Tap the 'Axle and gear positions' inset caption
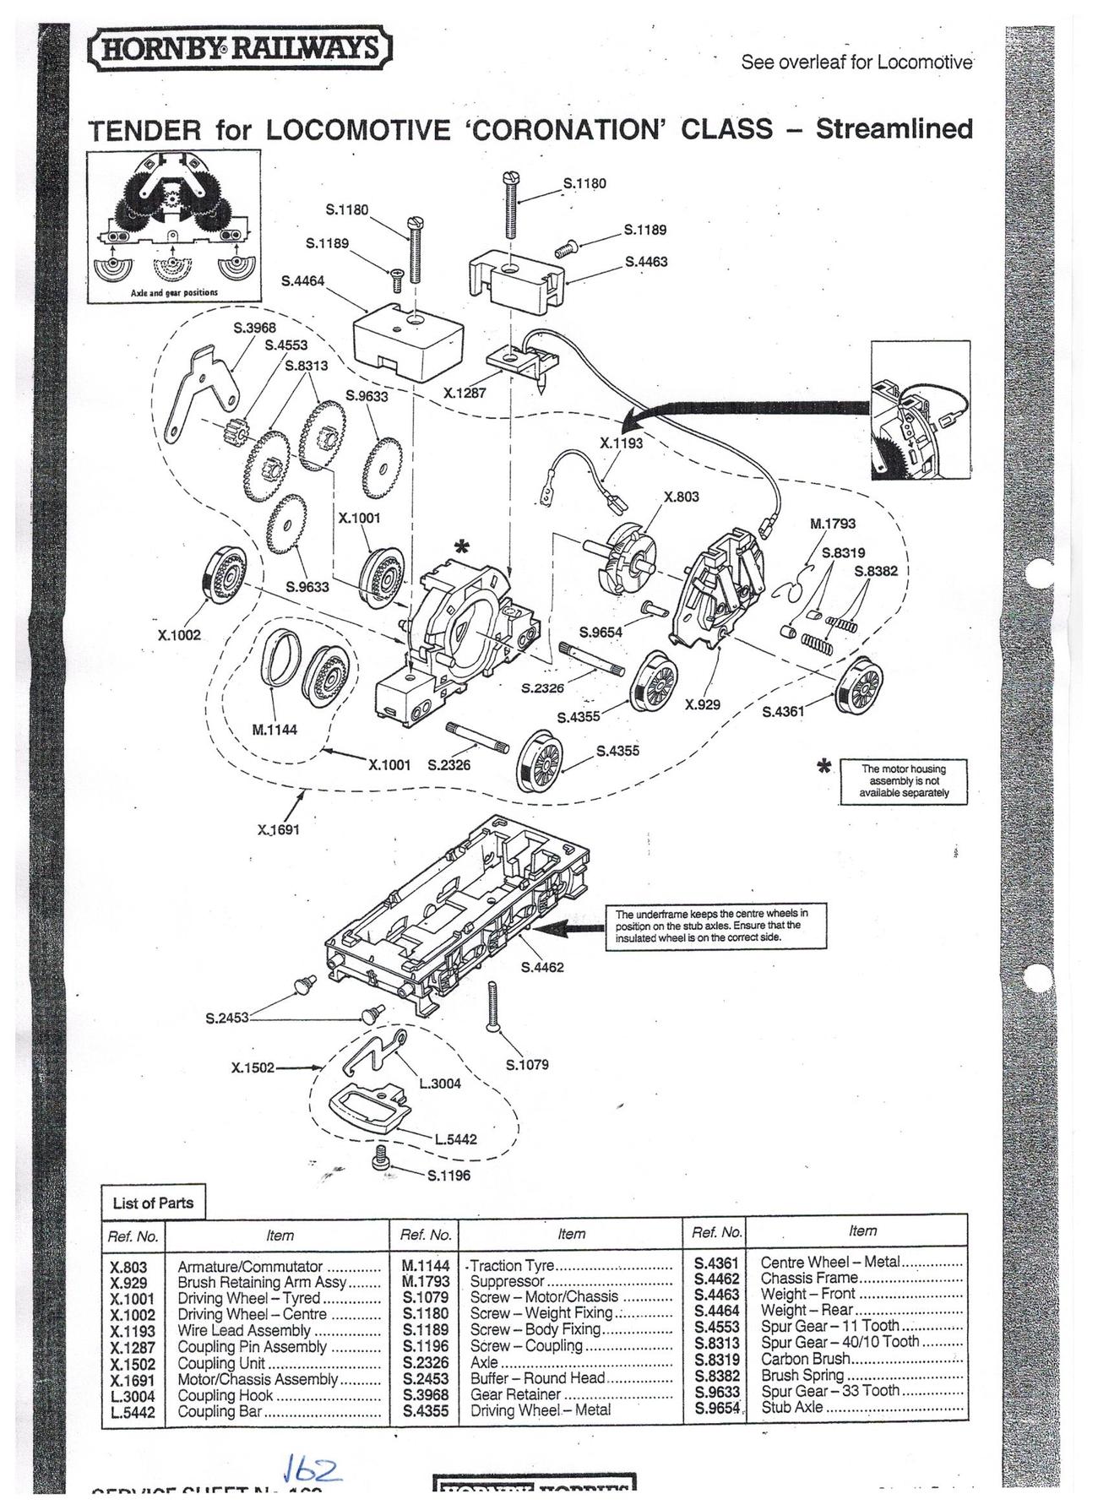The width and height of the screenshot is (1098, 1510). pyautogui.click(x=174, y=292)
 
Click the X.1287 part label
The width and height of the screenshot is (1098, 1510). pyautogui.click(x=465, y=393)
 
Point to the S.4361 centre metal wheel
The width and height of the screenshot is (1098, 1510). pyautogui.click(x=858, y=687)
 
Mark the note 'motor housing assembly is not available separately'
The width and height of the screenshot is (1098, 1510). pyautogui.click(x=903, y=780)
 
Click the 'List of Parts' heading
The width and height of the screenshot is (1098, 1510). pyautogui.click(x=153, y=1203)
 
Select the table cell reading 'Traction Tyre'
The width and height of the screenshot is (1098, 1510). pyautogui.click(x=512, y=1265)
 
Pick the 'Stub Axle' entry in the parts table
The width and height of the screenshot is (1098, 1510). pyautogui.click(x=791, y=1407)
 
